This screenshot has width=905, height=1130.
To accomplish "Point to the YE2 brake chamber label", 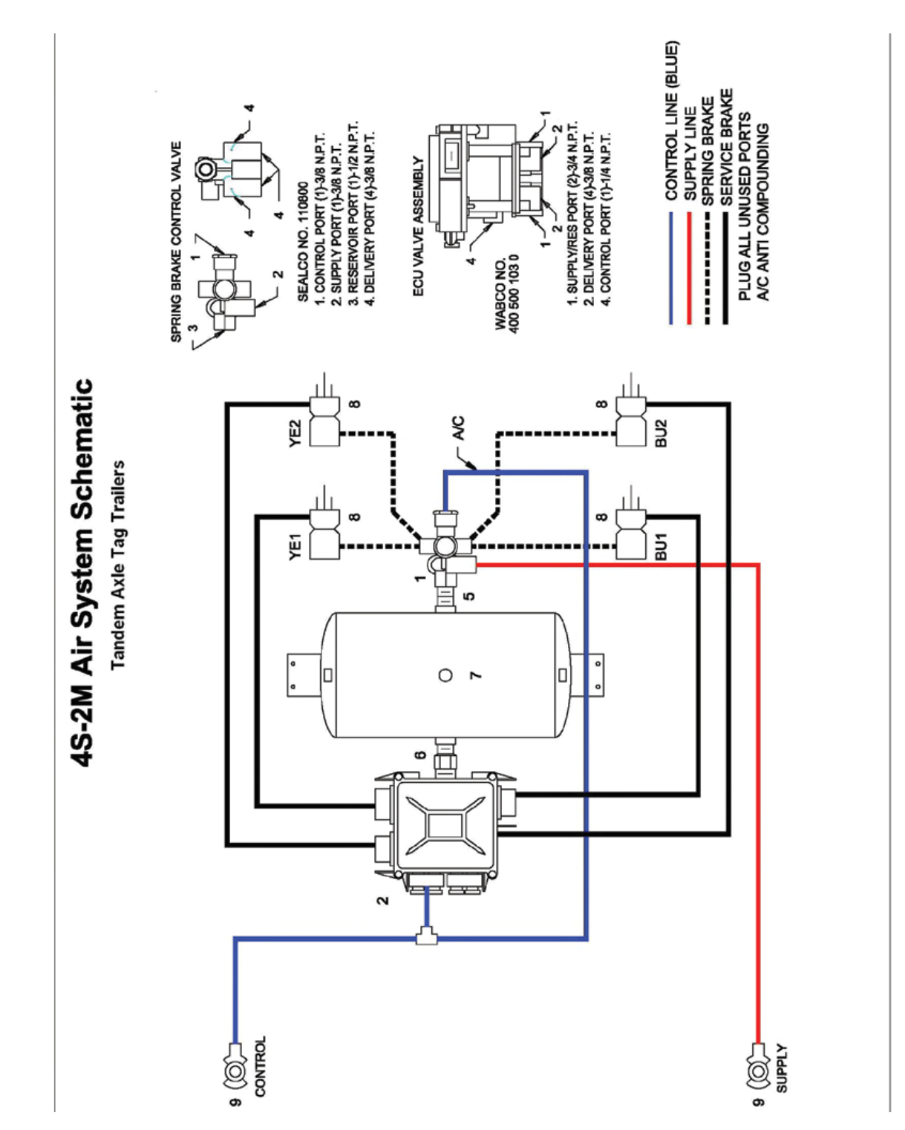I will [x=295, y=433].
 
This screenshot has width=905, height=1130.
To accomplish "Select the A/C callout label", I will [x=459, y=428].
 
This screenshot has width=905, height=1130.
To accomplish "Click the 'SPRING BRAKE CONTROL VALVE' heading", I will [x=176, y=242].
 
